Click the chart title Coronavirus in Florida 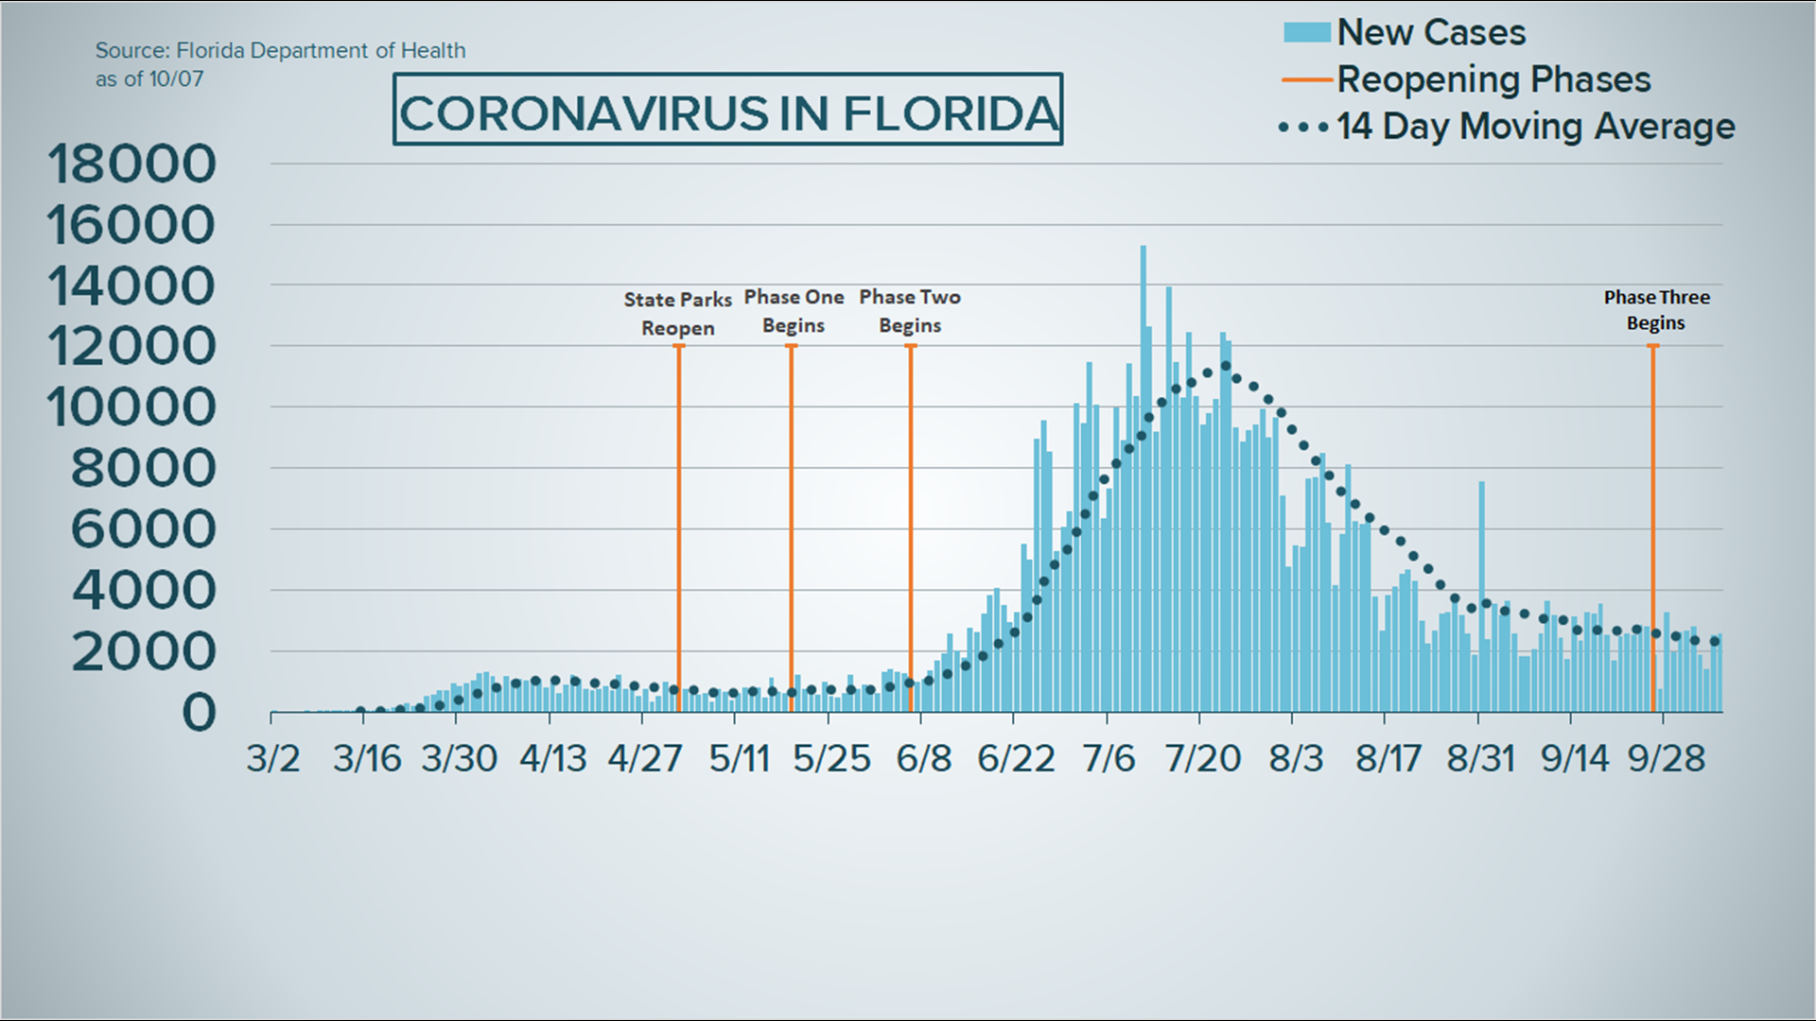(727, 112)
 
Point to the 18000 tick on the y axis (131, 164)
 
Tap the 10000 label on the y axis (131, 408)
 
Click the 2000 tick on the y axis (144, 652)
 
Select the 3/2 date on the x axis (273, 758)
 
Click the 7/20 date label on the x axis (1202, 758)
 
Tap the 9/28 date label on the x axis (1667, 758)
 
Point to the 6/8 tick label (924, 758)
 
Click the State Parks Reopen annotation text (678, 314)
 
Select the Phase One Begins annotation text (794, 311)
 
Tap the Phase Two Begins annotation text (910, 311)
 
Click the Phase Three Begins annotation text (1656, 310)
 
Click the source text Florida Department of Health (280, 51)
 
